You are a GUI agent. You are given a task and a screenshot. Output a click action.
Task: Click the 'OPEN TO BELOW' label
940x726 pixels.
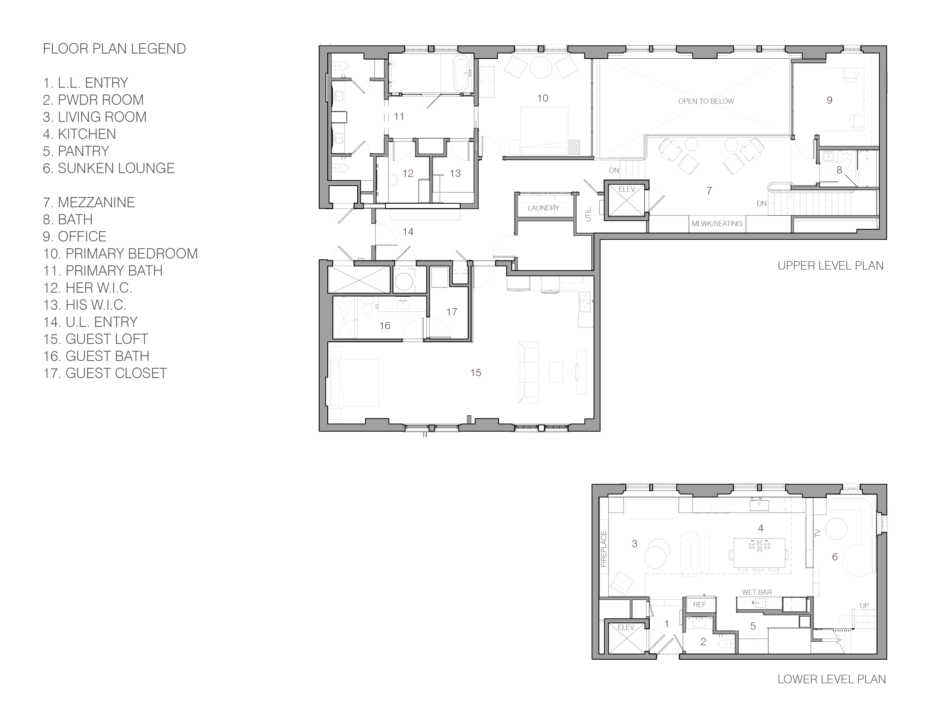[706, 101]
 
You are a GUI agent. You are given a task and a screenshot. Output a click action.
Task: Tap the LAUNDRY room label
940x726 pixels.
[543, 208]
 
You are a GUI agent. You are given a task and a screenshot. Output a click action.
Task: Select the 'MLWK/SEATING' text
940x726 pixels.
[717, 224]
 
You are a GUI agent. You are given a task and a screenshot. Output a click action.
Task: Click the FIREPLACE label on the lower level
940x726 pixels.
[603, 549]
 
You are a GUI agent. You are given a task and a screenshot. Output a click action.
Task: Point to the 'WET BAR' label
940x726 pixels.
[757, 592]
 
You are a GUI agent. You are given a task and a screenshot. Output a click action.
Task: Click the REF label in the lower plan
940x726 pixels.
[699, 604]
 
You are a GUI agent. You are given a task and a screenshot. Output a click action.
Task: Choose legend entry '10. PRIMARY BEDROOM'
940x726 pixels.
[120, 254]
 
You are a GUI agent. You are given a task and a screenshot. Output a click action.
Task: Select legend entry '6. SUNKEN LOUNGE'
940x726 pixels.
[109, 168]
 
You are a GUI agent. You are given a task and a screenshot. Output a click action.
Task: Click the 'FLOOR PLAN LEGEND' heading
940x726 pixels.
[115, 49]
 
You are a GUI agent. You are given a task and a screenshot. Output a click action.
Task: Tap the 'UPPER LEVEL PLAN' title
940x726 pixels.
[830, 266]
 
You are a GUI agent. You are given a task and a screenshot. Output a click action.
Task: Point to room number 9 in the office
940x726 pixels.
[829, 100]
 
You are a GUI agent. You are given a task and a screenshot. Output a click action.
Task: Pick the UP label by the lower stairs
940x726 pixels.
[864, 606]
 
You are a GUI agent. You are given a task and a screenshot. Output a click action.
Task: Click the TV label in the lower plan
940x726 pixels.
[818, 533]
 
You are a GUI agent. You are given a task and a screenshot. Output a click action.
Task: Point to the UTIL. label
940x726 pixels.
[588, 214]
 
